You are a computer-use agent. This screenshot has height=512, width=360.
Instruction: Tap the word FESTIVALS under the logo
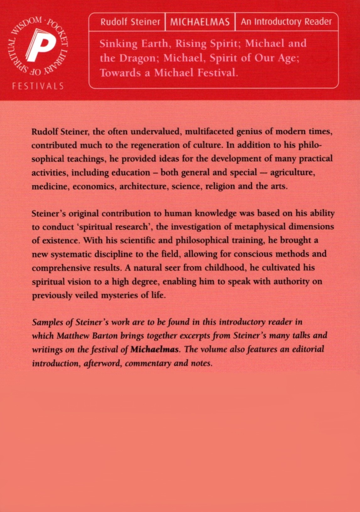38,86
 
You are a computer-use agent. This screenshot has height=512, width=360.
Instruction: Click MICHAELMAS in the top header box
200,22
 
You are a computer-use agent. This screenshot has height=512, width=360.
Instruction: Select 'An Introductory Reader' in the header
286,22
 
